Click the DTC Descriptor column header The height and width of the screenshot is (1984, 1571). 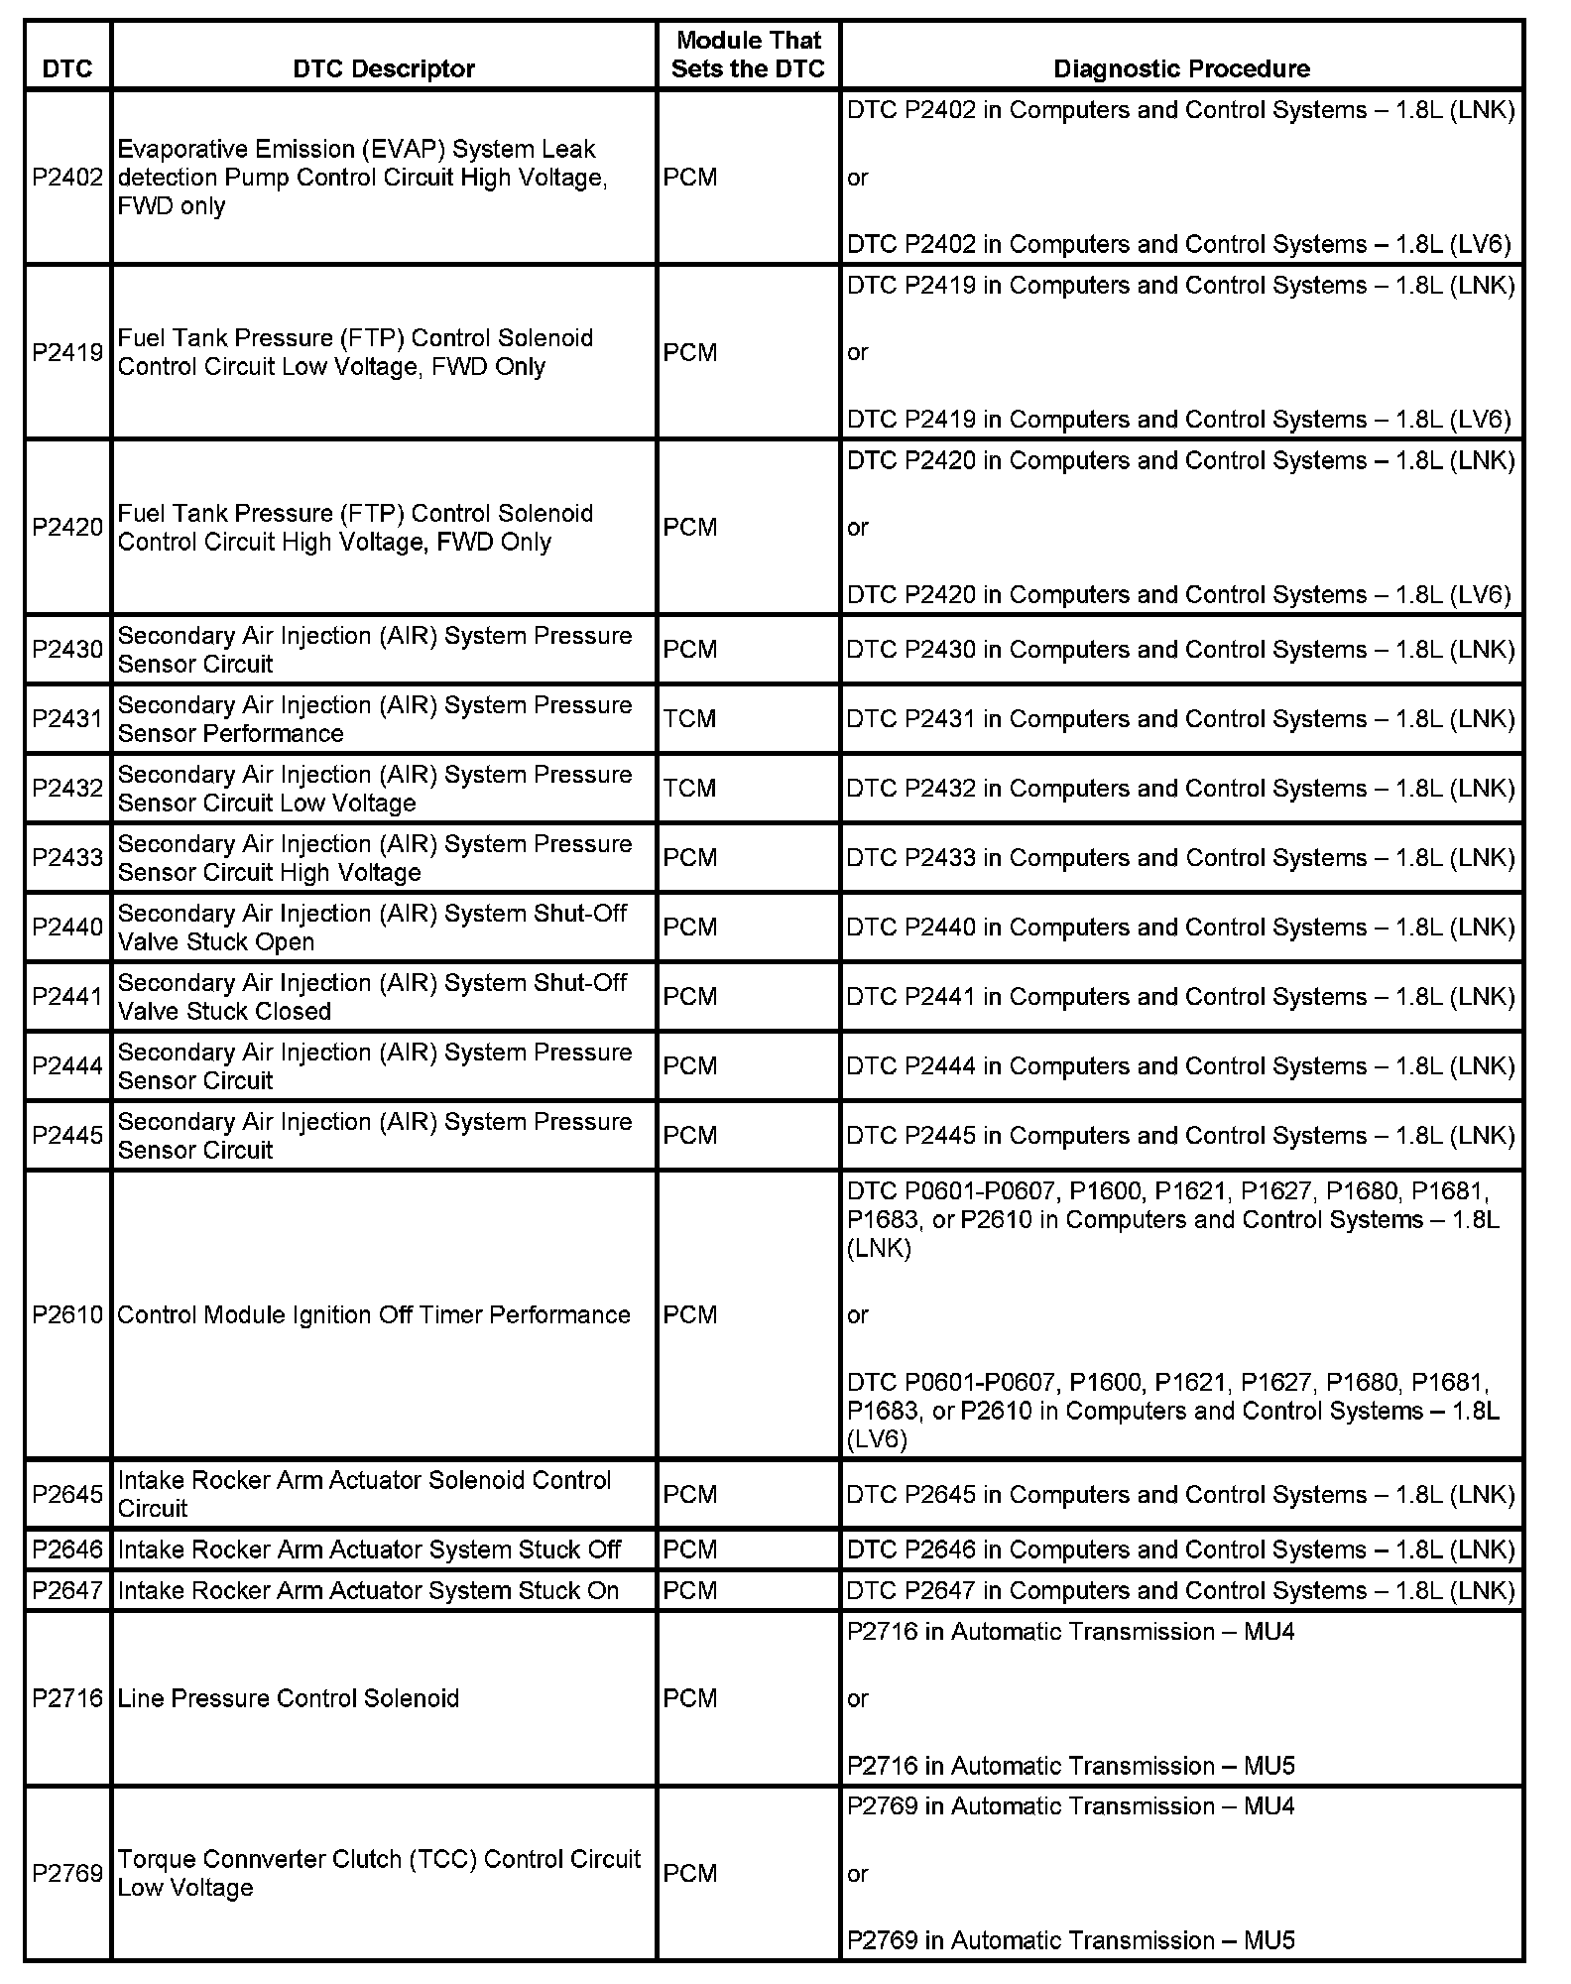[x=384, y=68]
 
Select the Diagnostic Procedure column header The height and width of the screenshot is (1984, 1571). [x=1181, y=68]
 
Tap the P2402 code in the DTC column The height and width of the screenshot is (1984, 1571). [x=67, y=178]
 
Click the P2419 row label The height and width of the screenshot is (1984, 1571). [x=67, y=353]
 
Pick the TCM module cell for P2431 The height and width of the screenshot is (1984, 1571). [x=689, y=719]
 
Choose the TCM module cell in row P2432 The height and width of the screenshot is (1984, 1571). [x=689, y=789]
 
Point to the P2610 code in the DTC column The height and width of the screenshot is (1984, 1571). [x=67, y=1315]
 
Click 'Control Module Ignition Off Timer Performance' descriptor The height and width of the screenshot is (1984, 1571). [x=374, y=1315]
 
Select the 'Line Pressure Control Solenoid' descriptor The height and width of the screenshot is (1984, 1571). [x=289, y=1699]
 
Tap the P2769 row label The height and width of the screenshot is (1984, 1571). [x=67, y=1874]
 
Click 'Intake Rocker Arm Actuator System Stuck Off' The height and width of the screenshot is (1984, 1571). [x=369, y=1550]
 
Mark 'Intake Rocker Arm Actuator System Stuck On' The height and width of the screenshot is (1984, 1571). [x=368, y=1591]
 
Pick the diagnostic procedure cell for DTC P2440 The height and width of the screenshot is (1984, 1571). [x=1180, y=928]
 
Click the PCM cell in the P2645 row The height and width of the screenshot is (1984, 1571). [x=689, y=1495]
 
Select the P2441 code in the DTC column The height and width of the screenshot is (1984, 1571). [x=67, y=997]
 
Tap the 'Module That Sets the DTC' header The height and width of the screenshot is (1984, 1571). [x=748, y=55]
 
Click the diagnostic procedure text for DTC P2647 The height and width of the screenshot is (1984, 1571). [x=1180, y=1591]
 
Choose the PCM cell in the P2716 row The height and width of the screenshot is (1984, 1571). [x=689, y=1699]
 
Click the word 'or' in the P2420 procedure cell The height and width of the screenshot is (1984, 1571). [x=858, y=528]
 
